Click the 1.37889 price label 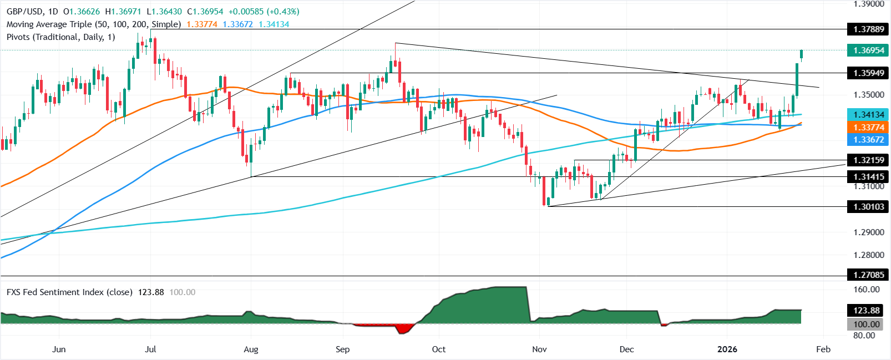point(869,29)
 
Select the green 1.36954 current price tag point(869,50)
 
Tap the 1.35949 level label point(869,73)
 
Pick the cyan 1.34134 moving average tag point(869,115)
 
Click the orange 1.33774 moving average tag point(869,128)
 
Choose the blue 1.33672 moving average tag point(869,140)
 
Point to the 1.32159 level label point(869,160)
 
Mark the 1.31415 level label point(869,177)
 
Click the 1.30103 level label point(869,207)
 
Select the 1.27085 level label point(869,275)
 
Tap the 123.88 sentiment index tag point(867,311)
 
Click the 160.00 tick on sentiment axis point(867,290)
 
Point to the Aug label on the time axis point(251,349)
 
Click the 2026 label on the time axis point(727,349)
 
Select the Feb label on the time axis point(823,349)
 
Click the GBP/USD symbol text point(24,12)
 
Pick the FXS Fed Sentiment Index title point(69,292)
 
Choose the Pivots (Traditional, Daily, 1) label point(60,37)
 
